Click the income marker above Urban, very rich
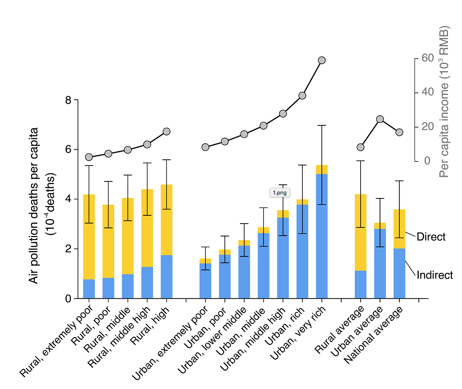321,60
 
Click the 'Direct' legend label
431,237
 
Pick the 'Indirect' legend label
434,275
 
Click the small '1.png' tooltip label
280,192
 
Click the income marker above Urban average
380,119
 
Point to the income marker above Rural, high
166,131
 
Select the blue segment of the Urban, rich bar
302,251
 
